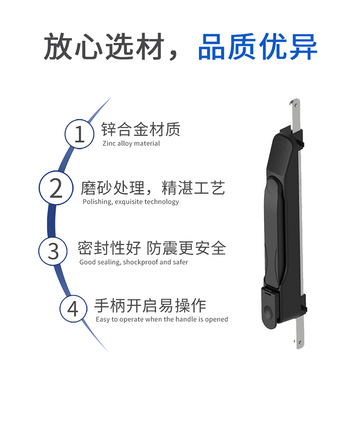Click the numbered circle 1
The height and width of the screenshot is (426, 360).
79,134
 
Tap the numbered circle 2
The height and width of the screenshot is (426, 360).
56,188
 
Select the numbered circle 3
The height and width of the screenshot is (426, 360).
53,251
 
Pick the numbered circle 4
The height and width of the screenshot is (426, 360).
73,309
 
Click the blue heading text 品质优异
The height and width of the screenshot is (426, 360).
258,47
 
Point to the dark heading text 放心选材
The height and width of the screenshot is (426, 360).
104,46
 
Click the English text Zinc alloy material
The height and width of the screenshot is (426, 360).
131,143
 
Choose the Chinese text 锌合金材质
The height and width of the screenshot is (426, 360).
141,129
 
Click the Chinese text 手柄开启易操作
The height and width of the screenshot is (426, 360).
150,306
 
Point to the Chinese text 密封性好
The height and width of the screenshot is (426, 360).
109,248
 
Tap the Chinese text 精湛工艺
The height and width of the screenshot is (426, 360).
193,188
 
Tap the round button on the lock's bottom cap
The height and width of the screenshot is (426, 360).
268,311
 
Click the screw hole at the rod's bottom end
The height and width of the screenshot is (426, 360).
300,342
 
